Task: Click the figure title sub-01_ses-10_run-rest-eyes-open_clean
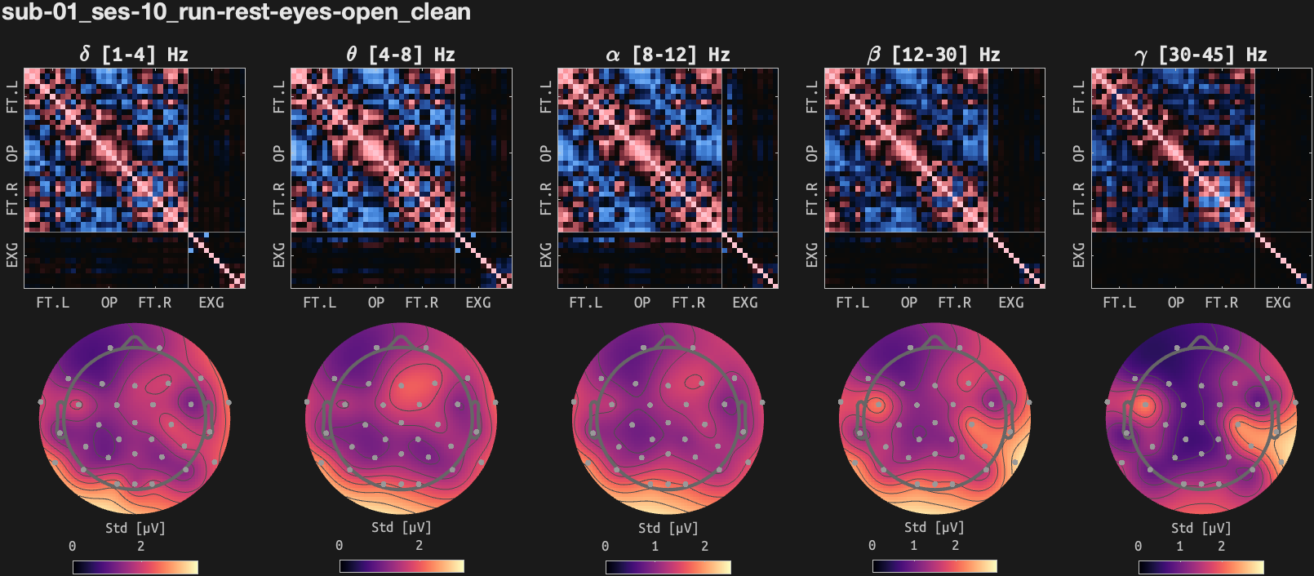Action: pos(236,12)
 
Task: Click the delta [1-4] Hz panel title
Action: pos(134,55)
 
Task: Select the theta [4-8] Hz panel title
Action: pos(400,55)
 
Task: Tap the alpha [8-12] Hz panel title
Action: pos(667,55)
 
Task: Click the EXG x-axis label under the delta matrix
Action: pos(211,303)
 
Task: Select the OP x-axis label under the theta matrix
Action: pos(376,303)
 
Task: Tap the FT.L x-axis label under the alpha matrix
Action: pos(586,303)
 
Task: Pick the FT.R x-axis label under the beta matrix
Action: pos(955,303)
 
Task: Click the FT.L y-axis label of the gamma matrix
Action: pos(1079,96)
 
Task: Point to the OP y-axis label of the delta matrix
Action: pos(12,153)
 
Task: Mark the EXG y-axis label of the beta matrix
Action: pos(812,255)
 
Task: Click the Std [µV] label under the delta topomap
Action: pos(135,528)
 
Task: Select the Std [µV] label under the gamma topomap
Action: pos(1201,528)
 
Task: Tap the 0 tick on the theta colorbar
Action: pos(340,546)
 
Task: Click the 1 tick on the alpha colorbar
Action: pos(655,546)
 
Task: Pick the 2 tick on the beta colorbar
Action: pos(955,546)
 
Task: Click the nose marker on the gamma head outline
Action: pos(1201,341)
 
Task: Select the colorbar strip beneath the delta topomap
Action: pos(135,567)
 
